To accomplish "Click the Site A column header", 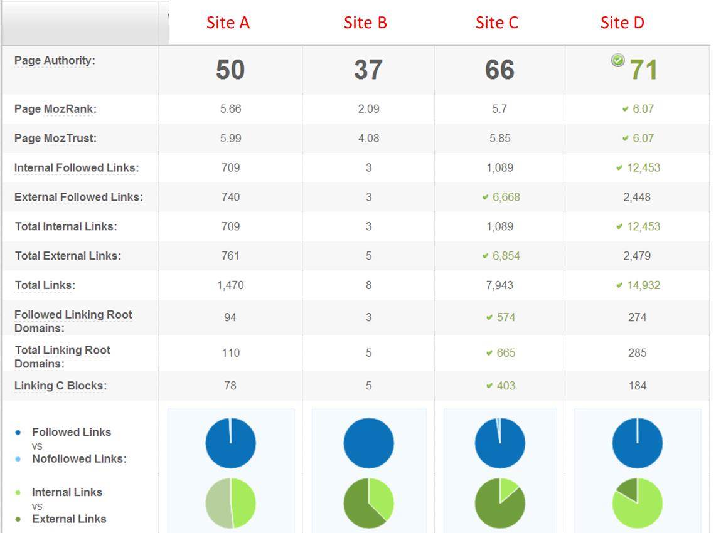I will click(228, 23).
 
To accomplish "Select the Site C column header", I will click(496, 23).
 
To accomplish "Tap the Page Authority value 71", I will click(643, 69).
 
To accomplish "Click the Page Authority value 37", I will click(368, 69).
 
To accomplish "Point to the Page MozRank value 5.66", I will click(230, 108).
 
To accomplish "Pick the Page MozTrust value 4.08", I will click(368, 138).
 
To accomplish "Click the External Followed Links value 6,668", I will click(506, 197).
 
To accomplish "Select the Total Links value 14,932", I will click(643, 285).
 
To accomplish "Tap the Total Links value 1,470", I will click(230, 285).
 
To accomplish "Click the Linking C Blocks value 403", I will click(506, 386).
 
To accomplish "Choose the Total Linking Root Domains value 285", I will click(637, 352).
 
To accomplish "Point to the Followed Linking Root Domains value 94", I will click(230, 317).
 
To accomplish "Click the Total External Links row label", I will click(68, 256).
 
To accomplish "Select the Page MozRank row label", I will click(55, 109).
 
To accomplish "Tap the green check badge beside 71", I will click(618, 60).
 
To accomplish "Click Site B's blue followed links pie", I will click(368, 443).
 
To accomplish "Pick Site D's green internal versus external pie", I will click(637, 503).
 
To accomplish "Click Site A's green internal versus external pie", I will click(230, 503).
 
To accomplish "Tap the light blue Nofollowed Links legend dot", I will click(18, 459).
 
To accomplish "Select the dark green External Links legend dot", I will click(18, 519).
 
